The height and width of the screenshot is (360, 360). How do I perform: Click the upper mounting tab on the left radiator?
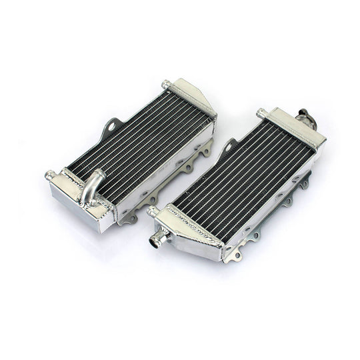[114, 125]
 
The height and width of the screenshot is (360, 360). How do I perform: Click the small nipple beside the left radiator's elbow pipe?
[50, 175]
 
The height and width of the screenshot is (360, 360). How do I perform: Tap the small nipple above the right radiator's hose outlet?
[153, 212]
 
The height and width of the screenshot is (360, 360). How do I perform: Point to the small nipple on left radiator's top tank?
[165, 85]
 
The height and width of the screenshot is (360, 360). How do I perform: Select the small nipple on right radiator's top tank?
[261, 113]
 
